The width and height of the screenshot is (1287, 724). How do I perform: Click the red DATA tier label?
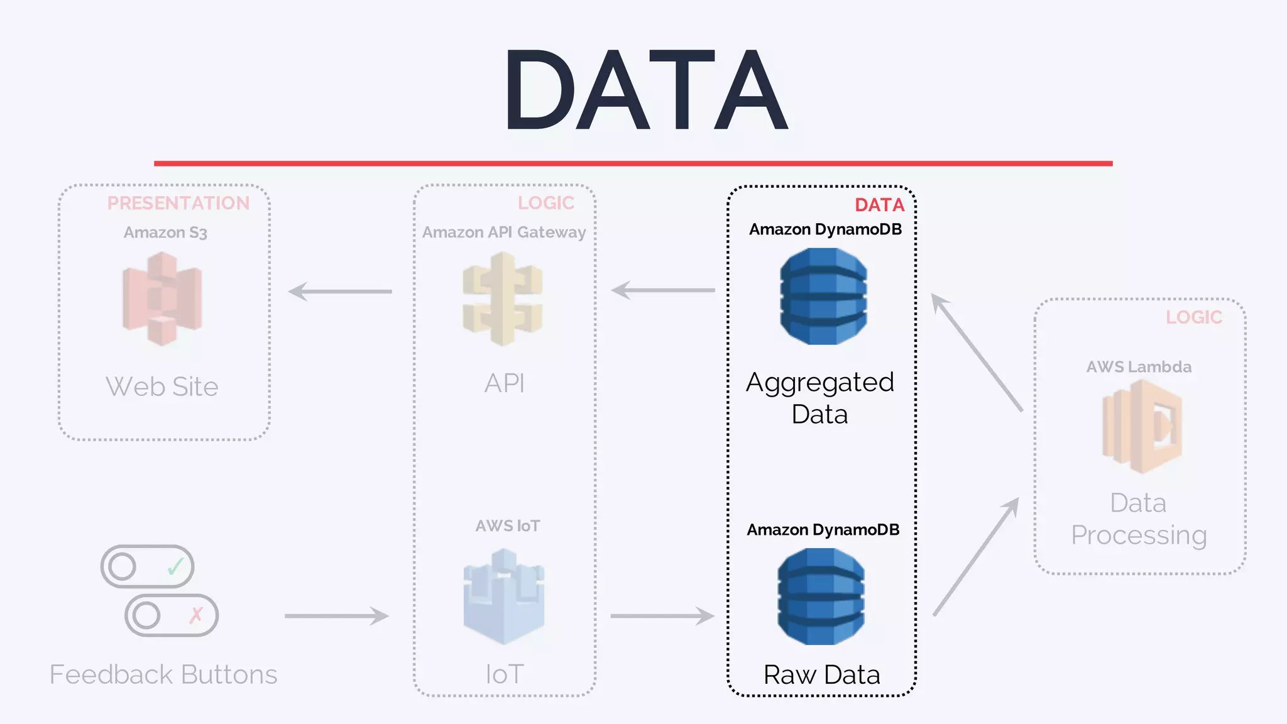coord(879,205)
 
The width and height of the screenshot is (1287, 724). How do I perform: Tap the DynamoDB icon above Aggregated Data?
coord(823,296)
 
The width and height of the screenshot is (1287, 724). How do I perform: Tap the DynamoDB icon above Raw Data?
coord(821,596)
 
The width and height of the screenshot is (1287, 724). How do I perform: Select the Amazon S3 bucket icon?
coord(162,299)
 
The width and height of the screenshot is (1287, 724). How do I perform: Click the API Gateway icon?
coord(503,299)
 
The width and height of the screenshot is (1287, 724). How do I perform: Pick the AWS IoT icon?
coord(503,596)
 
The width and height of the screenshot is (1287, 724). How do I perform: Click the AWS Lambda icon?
coord(1142,427)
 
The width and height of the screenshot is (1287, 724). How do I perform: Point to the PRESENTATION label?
coord(178,203)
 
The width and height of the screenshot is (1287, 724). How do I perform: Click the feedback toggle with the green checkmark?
coord(148,566)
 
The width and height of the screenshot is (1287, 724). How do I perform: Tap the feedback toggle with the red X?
coord(172,615)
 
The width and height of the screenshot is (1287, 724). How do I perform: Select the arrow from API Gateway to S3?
coord(340,292)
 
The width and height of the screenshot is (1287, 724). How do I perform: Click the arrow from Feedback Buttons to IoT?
coord(337,616)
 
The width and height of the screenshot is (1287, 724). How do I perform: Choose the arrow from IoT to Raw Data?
coord(662,616)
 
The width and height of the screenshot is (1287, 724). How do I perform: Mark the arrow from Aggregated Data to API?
coord(663,290)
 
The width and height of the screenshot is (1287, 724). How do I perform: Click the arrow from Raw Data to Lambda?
coord(976,557)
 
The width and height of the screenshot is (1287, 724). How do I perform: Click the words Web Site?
coord(162,387)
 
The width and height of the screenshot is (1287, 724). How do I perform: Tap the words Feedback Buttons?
coord(163,674)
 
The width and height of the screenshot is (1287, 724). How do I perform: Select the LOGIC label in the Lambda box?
coord(1193,317)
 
